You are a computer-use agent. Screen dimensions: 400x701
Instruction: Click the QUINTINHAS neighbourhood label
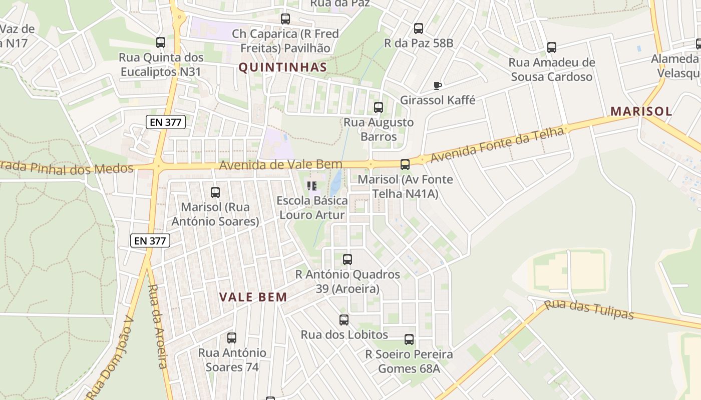[282, 67]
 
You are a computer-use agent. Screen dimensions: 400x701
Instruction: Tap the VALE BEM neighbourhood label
[253, 297]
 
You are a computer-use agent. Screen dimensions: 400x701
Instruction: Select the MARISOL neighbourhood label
[641, 111]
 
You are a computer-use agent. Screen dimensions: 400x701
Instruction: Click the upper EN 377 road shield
[166, 121]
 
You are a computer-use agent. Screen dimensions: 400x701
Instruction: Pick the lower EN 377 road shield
[151, 240]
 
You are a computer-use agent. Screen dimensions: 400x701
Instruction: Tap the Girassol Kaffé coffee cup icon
[437, 85]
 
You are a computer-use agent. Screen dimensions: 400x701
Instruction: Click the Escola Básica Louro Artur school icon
[312, 186]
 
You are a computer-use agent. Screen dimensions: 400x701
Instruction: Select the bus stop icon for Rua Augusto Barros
[379, 107]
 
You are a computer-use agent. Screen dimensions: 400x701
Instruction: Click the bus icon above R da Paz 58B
[419, 28]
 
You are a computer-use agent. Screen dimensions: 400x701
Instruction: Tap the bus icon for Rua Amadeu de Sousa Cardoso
[552, 47]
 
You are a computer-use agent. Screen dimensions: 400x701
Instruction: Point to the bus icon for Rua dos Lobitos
[344, 320]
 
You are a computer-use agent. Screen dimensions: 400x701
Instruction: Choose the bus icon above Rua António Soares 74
[232, 338]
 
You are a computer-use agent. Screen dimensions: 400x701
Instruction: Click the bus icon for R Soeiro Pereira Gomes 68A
[409, 340]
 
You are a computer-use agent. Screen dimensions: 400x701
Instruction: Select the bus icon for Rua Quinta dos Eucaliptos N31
[161, 42]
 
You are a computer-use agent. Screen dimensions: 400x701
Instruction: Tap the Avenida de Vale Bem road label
[280, 164]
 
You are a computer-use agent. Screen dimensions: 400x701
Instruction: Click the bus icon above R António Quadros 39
[347, 259]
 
